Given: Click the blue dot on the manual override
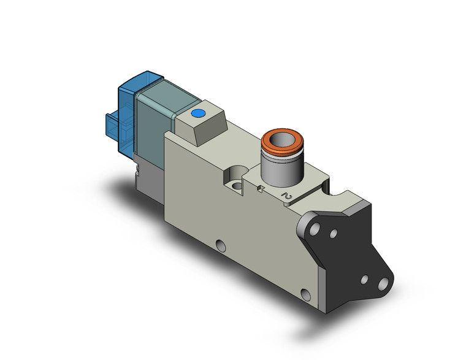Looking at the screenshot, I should click(x=198, y=113).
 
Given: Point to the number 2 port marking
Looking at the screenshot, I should click(x=285, y=196).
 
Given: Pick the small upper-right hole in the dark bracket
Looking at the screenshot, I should click(x=334, y=233).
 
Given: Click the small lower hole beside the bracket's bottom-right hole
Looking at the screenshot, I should click(x=365, y=279).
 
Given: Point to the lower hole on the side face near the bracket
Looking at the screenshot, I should click(x=304, y=292).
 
